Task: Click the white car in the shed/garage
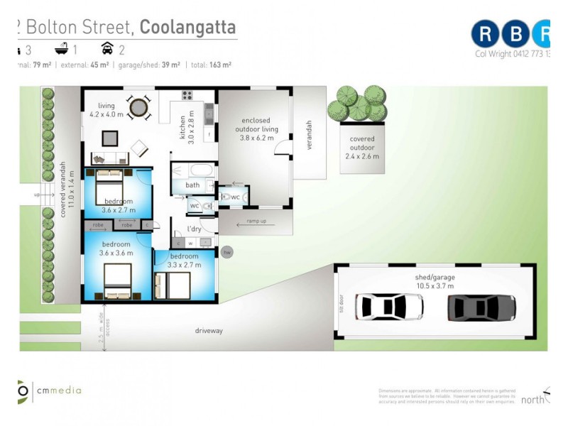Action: pyautogui.click(x=389, y=307)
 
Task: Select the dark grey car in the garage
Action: pyautogui.click(x=481, y=307)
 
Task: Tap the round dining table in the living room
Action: pyautogui.click(x=139, y=107)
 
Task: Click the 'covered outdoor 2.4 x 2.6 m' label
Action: pyautogui.click(x=362, y=148)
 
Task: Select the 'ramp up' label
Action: pyautogui.click(x=257, y=222)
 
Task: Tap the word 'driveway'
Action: pyautogui.click(x=209, y=331)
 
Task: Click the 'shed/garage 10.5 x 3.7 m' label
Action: pyautogui.click(x=435, y=281)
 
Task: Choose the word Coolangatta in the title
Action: pyautogui.click(x=187, y=27)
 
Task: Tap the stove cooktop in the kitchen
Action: pyautogui.click(x=187, y=95)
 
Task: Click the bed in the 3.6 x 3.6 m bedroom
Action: pyautogui.click(x=118, y=281)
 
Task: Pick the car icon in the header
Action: pyautogui.click(x=108, y=49)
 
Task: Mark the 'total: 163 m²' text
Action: pyautogui.click(x=210, y=65)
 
